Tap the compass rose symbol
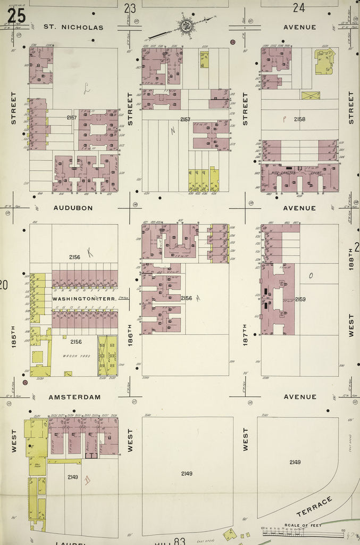[x=186, y=25]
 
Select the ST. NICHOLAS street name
[x=73, y=27]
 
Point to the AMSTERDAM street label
[x=74, y=397]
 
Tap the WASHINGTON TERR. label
[x=74, y=299]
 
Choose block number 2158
[x=299, y=119]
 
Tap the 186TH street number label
[x=130, y=336]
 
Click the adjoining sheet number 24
[x=298, y=7]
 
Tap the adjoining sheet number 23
[x=130, y=7]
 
